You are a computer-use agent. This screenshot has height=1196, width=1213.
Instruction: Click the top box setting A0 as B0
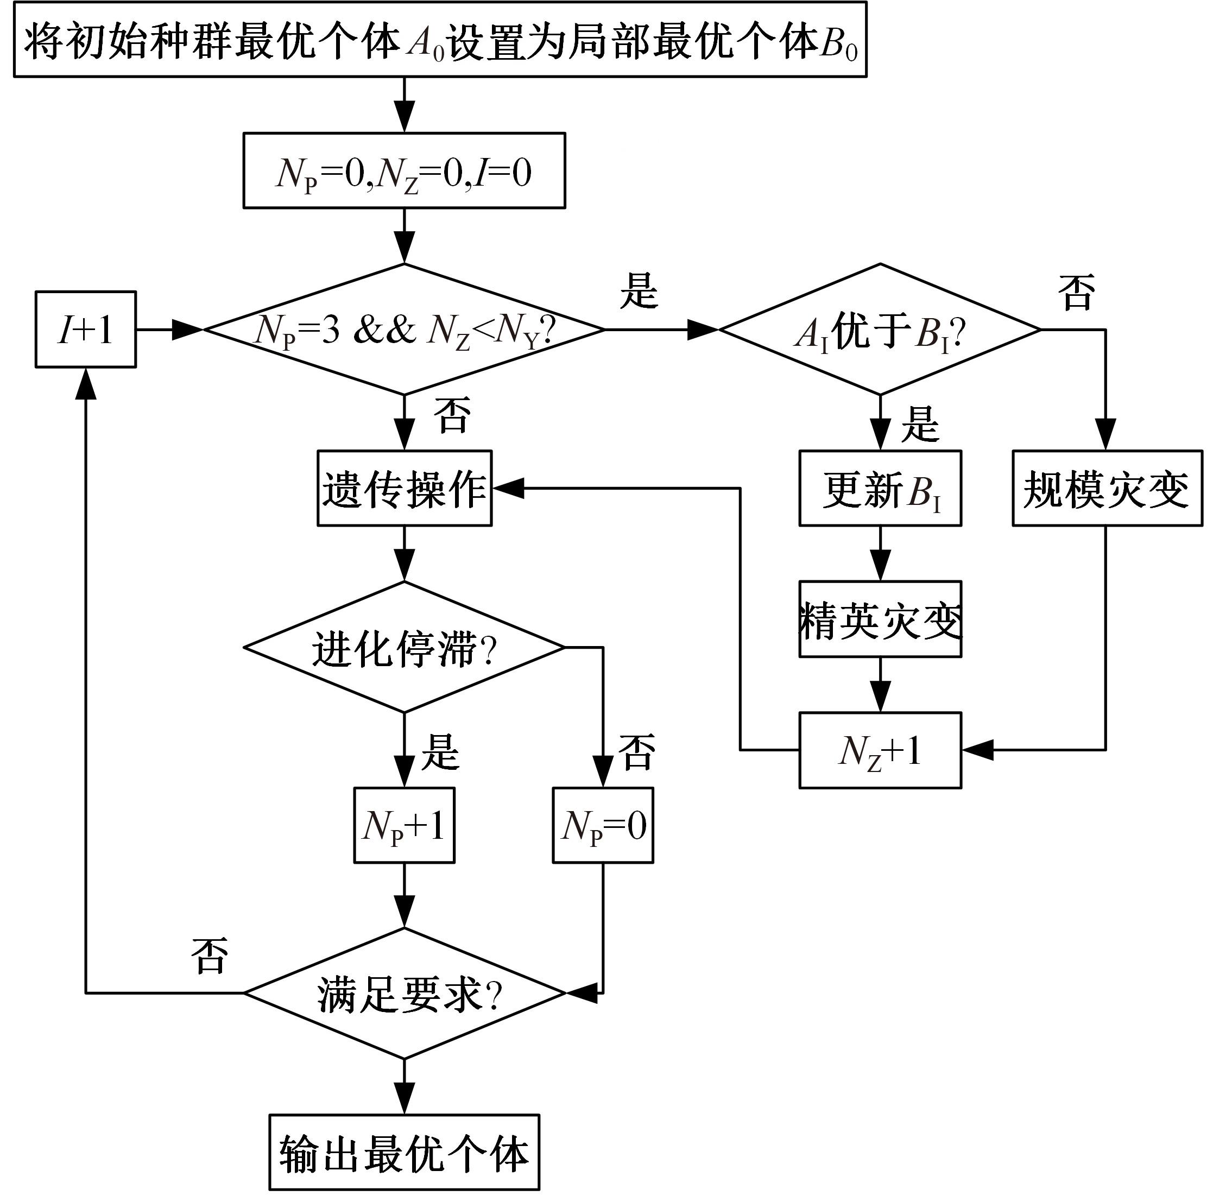click(439, 40)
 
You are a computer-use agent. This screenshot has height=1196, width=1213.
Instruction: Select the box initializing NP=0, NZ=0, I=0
click(404, 170)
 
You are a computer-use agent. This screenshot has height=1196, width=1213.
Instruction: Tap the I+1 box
click(85, 329)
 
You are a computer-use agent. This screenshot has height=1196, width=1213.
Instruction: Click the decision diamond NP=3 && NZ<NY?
click(404, 329)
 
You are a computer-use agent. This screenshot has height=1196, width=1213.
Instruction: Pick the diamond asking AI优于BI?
click(880, 329)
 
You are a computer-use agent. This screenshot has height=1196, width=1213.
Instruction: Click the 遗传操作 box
click(405, 488)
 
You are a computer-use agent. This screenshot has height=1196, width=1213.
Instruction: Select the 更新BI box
click(880, 488)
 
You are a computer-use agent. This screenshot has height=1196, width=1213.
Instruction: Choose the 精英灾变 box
click(880, 619)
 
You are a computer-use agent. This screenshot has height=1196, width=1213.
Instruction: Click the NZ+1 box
click(880, 750)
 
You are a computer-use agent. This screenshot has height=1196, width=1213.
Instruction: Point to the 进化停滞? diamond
click(404, 647)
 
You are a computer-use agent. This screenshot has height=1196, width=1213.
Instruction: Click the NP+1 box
click(404, 825)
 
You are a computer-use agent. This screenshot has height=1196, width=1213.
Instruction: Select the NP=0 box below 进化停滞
click(603, 825)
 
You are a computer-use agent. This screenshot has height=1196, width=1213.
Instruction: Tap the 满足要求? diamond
click(405, 992)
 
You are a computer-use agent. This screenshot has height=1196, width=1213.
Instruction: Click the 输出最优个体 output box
click(404, 1152)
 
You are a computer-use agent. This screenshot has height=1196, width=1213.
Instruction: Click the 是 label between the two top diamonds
click(639, 290)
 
